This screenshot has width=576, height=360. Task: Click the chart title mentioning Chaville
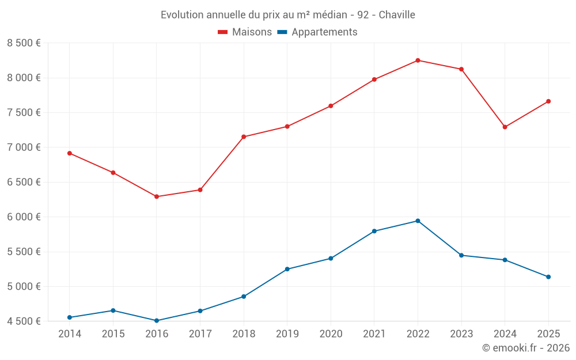pyautogui.click(x=288, y=14)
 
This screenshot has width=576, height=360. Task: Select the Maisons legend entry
pyautogui.click(x=245, y=32)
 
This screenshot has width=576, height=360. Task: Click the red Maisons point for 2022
pyautogui.click(x=418, y=60)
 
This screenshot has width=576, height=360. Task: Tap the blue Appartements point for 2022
pyautogui.click(x=418, y=221)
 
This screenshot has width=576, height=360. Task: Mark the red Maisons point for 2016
pyautogui.click(x=157, y=196)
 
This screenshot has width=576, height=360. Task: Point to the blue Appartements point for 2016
pyautogui.click(x=157, y=321)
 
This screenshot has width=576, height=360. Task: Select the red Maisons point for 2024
pyautogui.click(x=505, y=127)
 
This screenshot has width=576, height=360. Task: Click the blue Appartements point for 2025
pyautogui.click(x=548, y=277)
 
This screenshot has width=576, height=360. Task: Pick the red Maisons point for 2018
pyautogui.click(x=244, y=137)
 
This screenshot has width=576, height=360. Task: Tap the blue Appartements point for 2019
pyautogui.click(x=287, y=269)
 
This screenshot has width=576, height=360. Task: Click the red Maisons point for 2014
pyautogui.click(x=70, y=153)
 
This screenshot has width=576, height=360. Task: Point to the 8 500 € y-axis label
pyautogui.click(x=24, y=43)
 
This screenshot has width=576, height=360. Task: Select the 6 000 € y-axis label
pyautogui.click(x=24, y=217)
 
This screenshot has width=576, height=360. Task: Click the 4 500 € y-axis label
pyautogui.click(x=24, y=321)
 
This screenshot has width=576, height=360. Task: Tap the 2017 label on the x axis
pyautogui.click(x=200, y=334)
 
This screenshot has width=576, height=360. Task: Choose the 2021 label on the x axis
pyautogui.click(x=374, y=334)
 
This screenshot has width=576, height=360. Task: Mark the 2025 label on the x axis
pyautogui.click(x=548, y=334)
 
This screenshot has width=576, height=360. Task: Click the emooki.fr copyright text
pyautogui.click(x=525, y=348)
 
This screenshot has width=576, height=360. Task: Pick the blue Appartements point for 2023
pyautogui.click(x=461, y=255)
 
